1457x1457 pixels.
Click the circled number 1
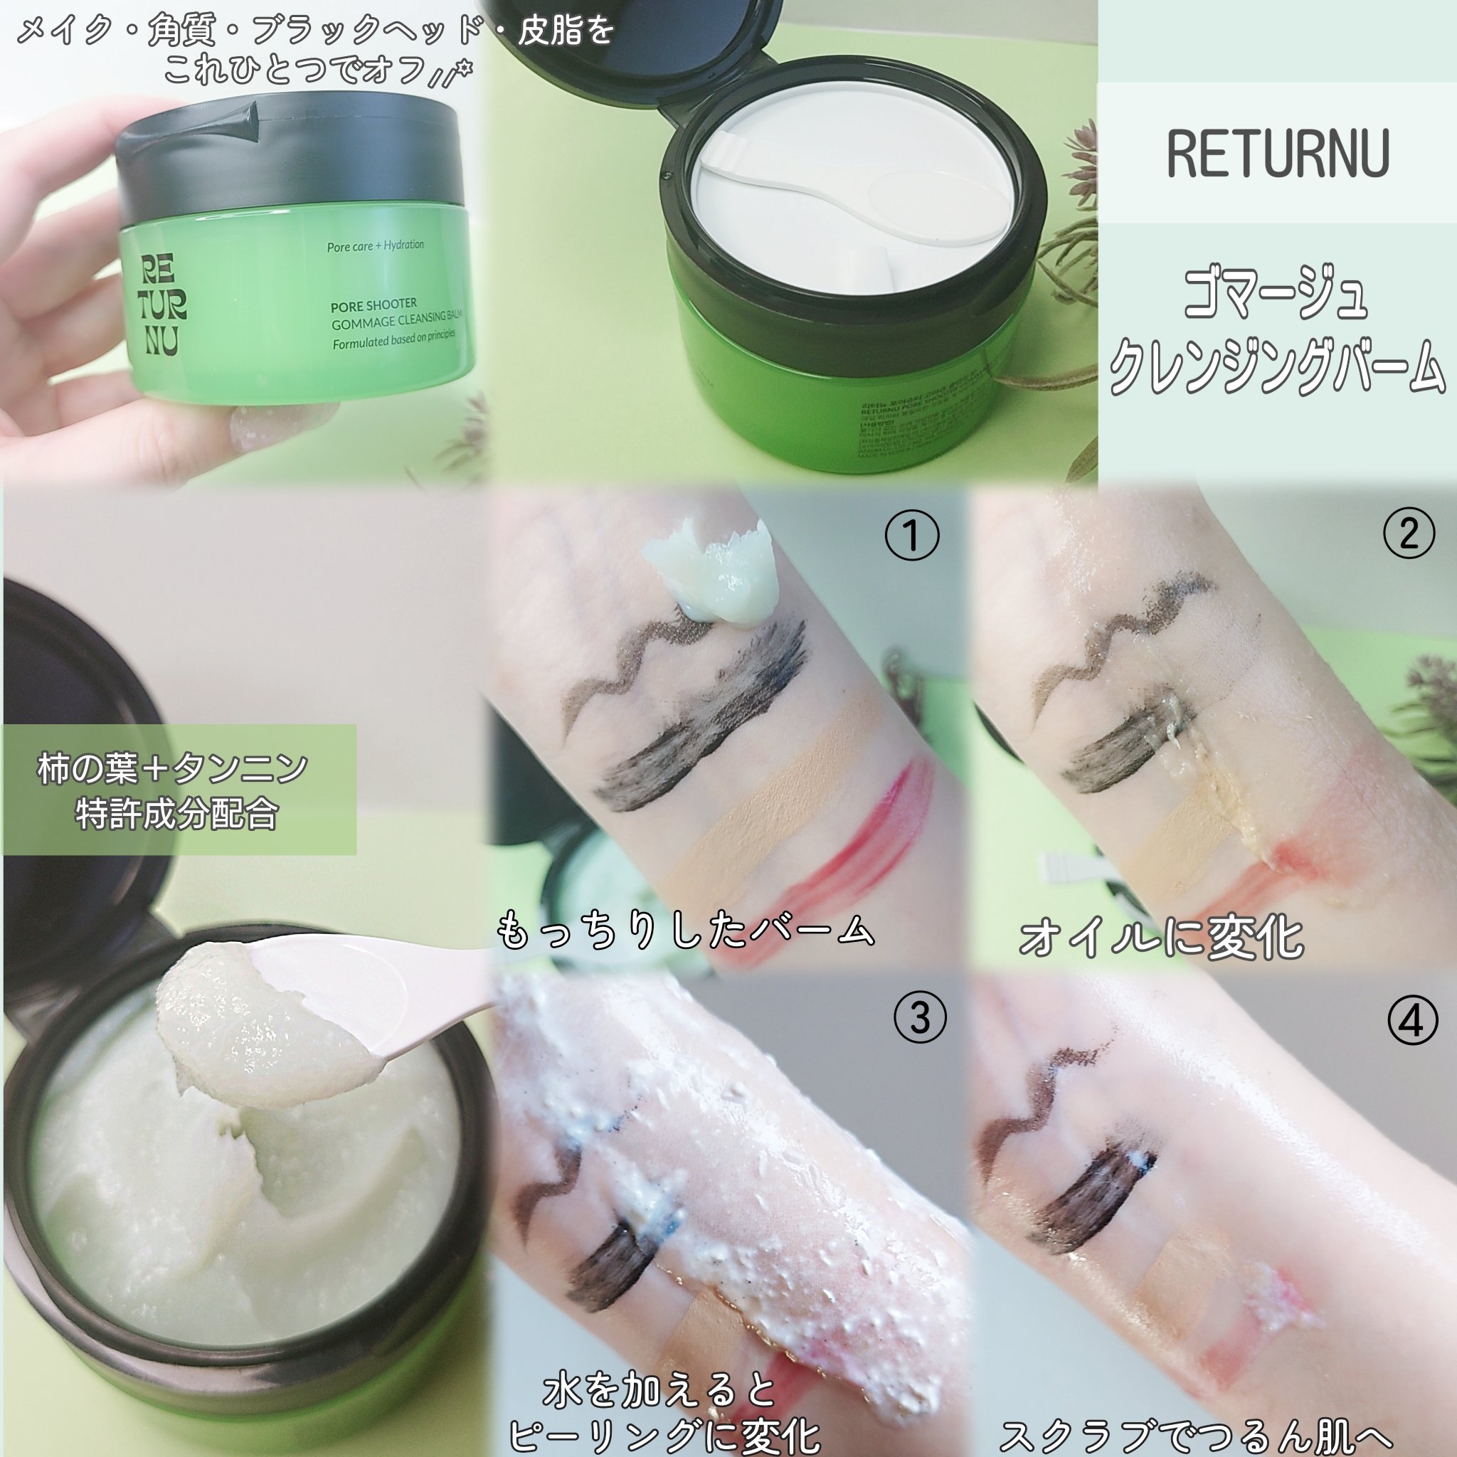click(x=912, y=536)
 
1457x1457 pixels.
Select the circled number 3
click(x=919, y=1019)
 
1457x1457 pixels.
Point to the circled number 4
click(x=1411, y=1021)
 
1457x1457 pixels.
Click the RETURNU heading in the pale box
click(x=1278, y=154)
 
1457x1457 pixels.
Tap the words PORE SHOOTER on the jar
click(x=373, y=305)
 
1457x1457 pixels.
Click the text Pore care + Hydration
click(x=375, y=246)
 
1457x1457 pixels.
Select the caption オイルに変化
click(x=1160, y=938)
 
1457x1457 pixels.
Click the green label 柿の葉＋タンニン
click(x=174, y=769)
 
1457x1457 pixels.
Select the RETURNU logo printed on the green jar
click(x=161, y=304)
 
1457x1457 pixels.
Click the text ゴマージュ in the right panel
click(x=1274, y=297)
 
